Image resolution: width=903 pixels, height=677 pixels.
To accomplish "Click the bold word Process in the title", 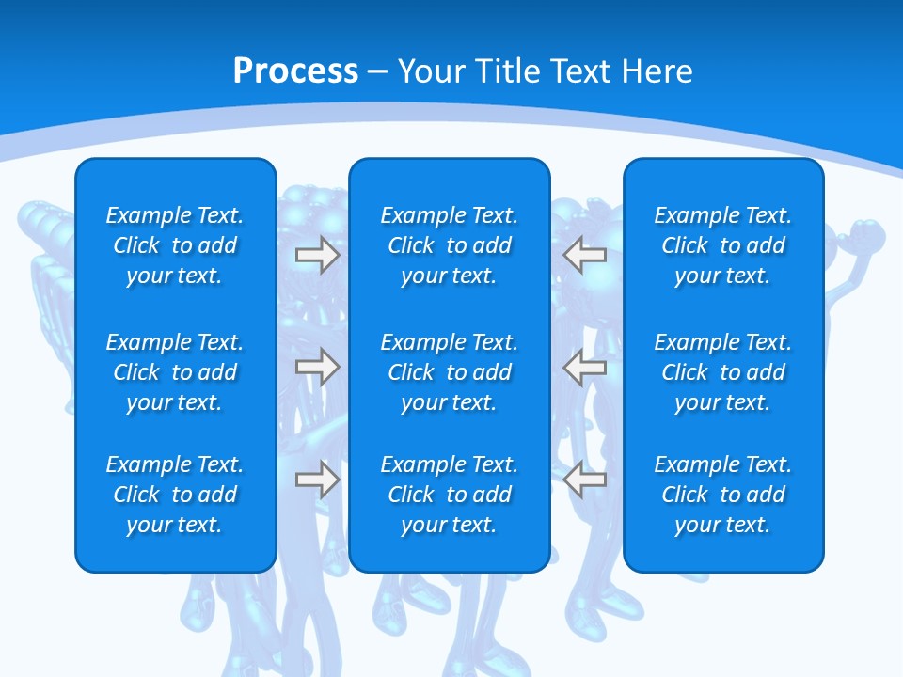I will (295, 71).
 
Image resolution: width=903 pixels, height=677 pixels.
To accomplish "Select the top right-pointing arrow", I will (317, 255).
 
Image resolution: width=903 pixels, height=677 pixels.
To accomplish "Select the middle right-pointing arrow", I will (317, 368).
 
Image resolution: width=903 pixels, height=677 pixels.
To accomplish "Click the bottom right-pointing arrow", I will (317, 480).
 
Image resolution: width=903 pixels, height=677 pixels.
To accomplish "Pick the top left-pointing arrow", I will (585, 255).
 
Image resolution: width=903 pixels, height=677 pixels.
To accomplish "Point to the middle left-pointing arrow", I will (585, 368).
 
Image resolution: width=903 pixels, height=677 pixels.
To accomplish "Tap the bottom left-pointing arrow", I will (585, 480).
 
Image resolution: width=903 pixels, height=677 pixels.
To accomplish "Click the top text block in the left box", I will (175, 245).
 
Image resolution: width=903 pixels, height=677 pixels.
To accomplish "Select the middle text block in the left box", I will (175, 372).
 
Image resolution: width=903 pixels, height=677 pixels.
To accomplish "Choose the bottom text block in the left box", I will (175, 495).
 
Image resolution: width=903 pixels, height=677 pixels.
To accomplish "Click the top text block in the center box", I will (450, 245).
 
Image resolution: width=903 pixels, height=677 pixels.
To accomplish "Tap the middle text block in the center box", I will (450, 372).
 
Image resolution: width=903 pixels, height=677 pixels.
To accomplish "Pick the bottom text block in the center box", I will (450, 495).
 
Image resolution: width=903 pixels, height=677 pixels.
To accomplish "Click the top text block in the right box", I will (723, 245).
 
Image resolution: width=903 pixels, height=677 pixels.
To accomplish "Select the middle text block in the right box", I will (723, 372).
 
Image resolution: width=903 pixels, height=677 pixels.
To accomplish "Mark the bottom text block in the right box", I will (723, 495).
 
